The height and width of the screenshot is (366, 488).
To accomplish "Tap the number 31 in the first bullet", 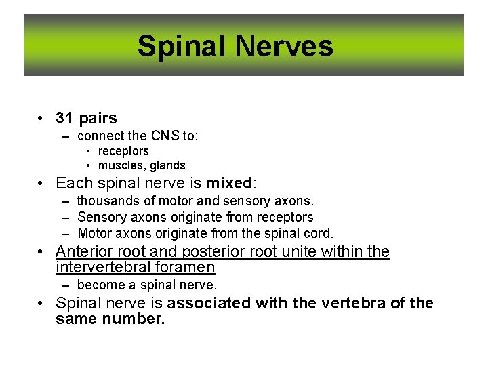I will point(64,119).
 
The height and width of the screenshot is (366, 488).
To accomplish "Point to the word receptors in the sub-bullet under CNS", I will point(123,151).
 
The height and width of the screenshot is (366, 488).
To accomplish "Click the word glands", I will point(168,165).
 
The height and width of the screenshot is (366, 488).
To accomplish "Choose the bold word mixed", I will point(229,183).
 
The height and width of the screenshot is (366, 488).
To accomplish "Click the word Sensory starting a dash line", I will point(100,217).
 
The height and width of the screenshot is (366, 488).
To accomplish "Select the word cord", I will point(319,233).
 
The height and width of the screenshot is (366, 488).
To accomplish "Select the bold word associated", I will point(212,303).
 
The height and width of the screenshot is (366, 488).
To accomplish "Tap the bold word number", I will point(134,318).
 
